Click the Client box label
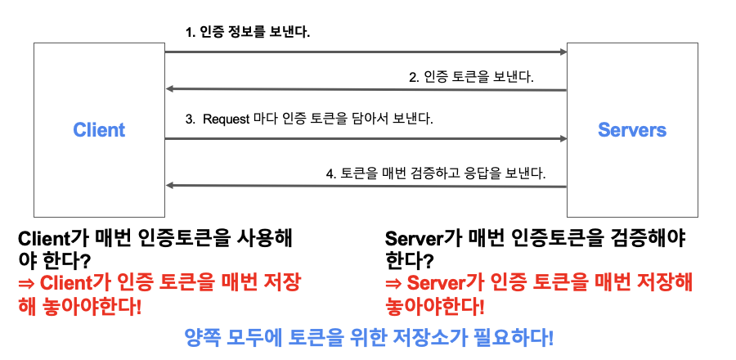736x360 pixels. coord(99,129)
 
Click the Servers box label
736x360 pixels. coord(631,129)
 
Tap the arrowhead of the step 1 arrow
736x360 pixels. coord(563,52)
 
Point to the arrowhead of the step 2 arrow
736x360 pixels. coord(170,89)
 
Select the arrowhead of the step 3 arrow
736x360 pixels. coord(563,139)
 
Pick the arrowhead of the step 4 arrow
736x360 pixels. coord(170,186)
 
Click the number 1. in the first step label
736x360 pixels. coord(191,33)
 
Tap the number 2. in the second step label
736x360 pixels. coord(414,78)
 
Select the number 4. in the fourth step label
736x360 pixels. coord(331,173)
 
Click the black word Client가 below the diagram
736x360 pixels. coord(55,239)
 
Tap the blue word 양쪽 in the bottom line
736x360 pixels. coord(202,337)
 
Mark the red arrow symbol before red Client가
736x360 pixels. coord(27,284)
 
